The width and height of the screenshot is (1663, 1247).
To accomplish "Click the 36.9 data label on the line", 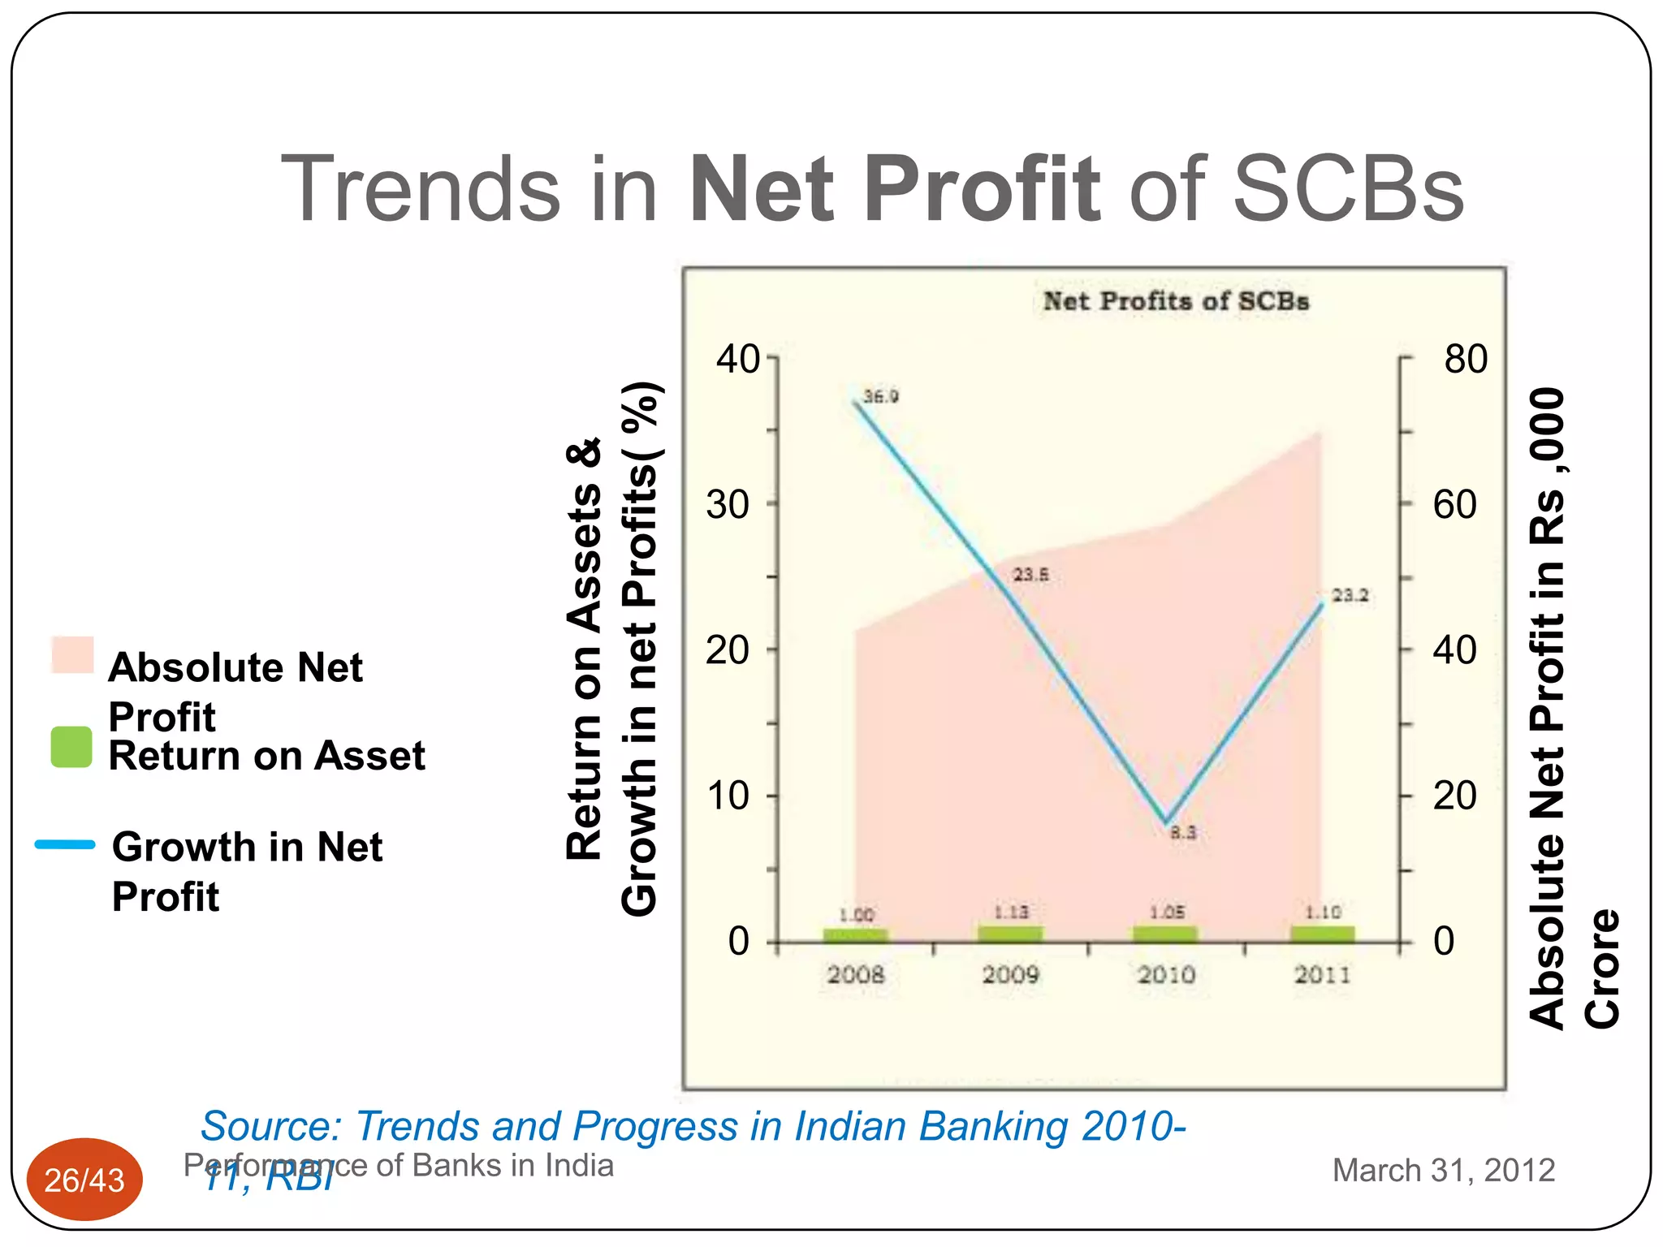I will point(880,396).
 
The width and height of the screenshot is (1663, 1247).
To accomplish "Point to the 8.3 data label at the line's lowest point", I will point(1183,832).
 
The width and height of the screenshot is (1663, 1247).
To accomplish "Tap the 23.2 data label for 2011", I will point(1350,595).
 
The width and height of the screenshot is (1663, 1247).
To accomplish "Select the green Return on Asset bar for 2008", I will point(855,934).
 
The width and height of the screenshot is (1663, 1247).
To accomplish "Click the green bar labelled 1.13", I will point(1010,933).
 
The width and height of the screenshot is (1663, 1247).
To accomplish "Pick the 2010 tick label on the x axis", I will point(1166,974).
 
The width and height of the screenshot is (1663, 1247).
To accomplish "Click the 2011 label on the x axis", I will point(1322,974).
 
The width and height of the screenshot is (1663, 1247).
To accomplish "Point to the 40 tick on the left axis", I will point(737,359).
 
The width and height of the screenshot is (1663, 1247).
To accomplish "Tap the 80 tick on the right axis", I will point(1466,359).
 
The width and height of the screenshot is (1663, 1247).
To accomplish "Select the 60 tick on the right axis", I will point(1454,504).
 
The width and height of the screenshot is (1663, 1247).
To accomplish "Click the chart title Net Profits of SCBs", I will point(1176,301).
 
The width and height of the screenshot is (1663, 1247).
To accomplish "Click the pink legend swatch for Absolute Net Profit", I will point(72,654).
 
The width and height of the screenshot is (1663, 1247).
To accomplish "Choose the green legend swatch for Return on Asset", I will point(71,747).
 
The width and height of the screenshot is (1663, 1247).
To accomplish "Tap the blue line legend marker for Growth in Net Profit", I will point(65,844).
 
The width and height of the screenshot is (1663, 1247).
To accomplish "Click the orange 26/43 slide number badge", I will point(84,1180).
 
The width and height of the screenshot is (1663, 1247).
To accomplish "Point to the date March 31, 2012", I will point(1443,1170).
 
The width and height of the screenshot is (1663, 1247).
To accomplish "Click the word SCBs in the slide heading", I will point(1348,188).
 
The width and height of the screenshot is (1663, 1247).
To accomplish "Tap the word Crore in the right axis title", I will point(1601,968).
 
